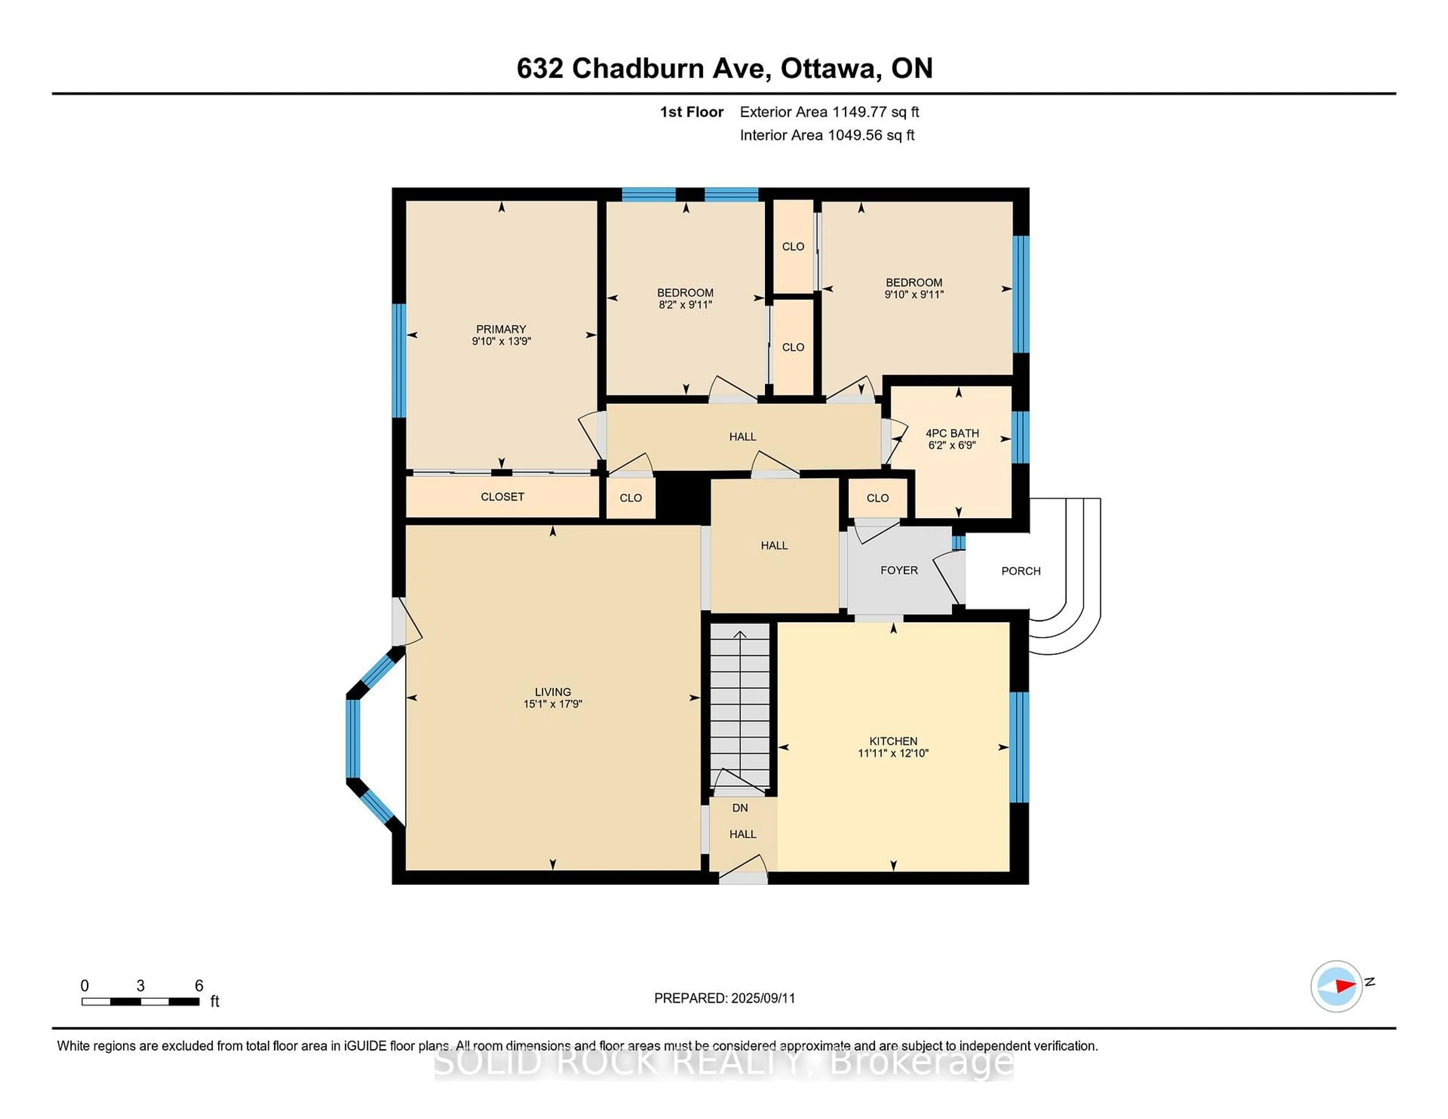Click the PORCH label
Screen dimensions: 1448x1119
pos(1021,571)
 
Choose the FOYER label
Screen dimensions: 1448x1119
pos(899,570)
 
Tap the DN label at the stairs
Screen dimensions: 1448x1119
pos(740,808)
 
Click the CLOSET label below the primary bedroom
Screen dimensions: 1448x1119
pos(503,497)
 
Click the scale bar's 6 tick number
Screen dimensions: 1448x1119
pos(199,986)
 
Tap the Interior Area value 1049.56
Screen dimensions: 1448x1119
pos(855,135)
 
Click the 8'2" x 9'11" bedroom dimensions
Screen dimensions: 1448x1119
pos(686,305)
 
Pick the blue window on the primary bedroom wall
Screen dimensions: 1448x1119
pos(399,361)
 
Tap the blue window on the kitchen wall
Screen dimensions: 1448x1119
pos(1021,747)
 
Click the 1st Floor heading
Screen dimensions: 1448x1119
pos(692,112)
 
